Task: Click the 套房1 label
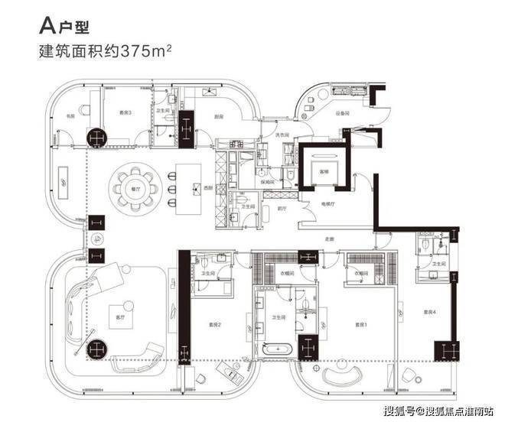point(361,325)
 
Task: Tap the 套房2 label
point(215,325)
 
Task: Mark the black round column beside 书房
point(97,138)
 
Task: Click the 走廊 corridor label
point(329,238)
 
